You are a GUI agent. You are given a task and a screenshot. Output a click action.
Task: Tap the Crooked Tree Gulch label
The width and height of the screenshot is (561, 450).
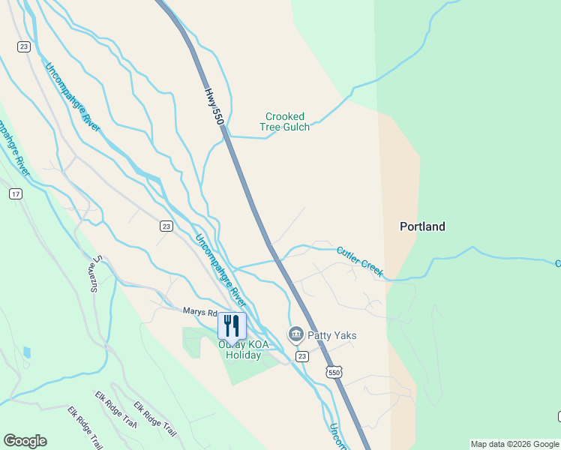pos(285,121)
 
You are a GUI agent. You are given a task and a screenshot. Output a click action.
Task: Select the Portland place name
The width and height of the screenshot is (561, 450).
pos(422,226)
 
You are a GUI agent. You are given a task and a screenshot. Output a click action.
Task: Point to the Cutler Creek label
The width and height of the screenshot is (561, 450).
pos(360,262)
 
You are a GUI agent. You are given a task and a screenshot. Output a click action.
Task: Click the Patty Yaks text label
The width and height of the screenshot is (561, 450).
pos(332,334)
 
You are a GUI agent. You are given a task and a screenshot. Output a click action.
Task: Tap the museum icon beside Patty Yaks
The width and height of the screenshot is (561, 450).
pos(295,334)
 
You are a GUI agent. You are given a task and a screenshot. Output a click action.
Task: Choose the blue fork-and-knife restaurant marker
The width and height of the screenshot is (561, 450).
pos(232,325)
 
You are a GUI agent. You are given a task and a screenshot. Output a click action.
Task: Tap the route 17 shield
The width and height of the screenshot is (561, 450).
pos(15,193)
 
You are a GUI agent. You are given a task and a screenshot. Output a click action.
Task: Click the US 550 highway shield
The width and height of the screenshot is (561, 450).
pos(334,372)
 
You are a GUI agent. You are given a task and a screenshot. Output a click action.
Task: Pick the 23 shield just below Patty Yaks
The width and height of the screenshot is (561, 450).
pos(301,355)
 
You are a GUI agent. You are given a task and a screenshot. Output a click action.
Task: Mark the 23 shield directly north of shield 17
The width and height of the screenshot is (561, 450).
pos(24,46)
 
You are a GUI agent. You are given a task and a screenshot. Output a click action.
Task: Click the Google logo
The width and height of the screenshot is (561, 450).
pos(25,441)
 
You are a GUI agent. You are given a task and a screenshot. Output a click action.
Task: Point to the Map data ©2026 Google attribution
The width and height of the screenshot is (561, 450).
pos(514,444)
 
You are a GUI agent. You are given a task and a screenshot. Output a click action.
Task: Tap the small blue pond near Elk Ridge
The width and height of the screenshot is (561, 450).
pos(28,352)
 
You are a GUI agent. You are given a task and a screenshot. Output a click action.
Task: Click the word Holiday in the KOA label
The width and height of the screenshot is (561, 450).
pos(244,355)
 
